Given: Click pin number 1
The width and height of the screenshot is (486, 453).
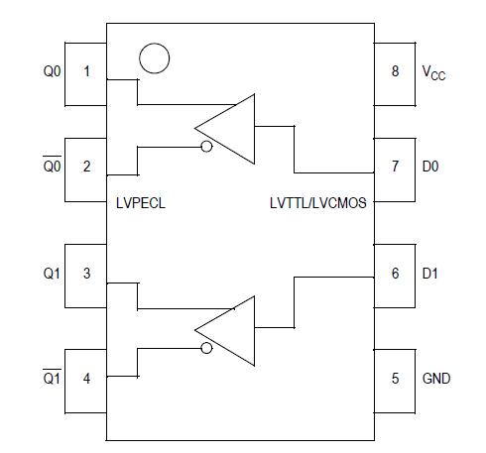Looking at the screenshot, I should click(x=86, y=72).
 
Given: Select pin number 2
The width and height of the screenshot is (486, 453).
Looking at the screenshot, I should click(x=86, y=167).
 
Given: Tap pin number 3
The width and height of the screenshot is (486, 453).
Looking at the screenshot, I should click(x=86, y=274).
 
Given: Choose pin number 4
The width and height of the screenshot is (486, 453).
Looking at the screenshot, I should click(x=86, y=378).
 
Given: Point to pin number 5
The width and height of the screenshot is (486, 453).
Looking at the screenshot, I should click(x=395, y=378).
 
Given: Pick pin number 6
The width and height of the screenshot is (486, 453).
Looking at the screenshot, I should click(x=395, y=274).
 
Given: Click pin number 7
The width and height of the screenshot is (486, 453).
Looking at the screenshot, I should click(x=395, y=167).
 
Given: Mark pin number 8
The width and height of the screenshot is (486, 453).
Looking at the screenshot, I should click(x=395, y=72).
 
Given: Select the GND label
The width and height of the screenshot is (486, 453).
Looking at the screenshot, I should click(x=436, y=378).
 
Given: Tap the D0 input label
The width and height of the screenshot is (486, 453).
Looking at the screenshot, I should click(x=429, y=167).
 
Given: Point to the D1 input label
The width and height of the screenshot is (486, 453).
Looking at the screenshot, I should click(x=429, y=274).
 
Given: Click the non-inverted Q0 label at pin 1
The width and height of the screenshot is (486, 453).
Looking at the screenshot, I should click(x=52, y=72).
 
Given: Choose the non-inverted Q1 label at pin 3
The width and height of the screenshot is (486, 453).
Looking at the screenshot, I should click(x=52, y=274).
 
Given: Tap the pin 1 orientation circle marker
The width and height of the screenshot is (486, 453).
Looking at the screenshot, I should click(x=154, y=58).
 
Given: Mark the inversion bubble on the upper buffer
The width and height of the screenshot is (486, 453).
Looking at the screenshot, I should click(x=205, y=148).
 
